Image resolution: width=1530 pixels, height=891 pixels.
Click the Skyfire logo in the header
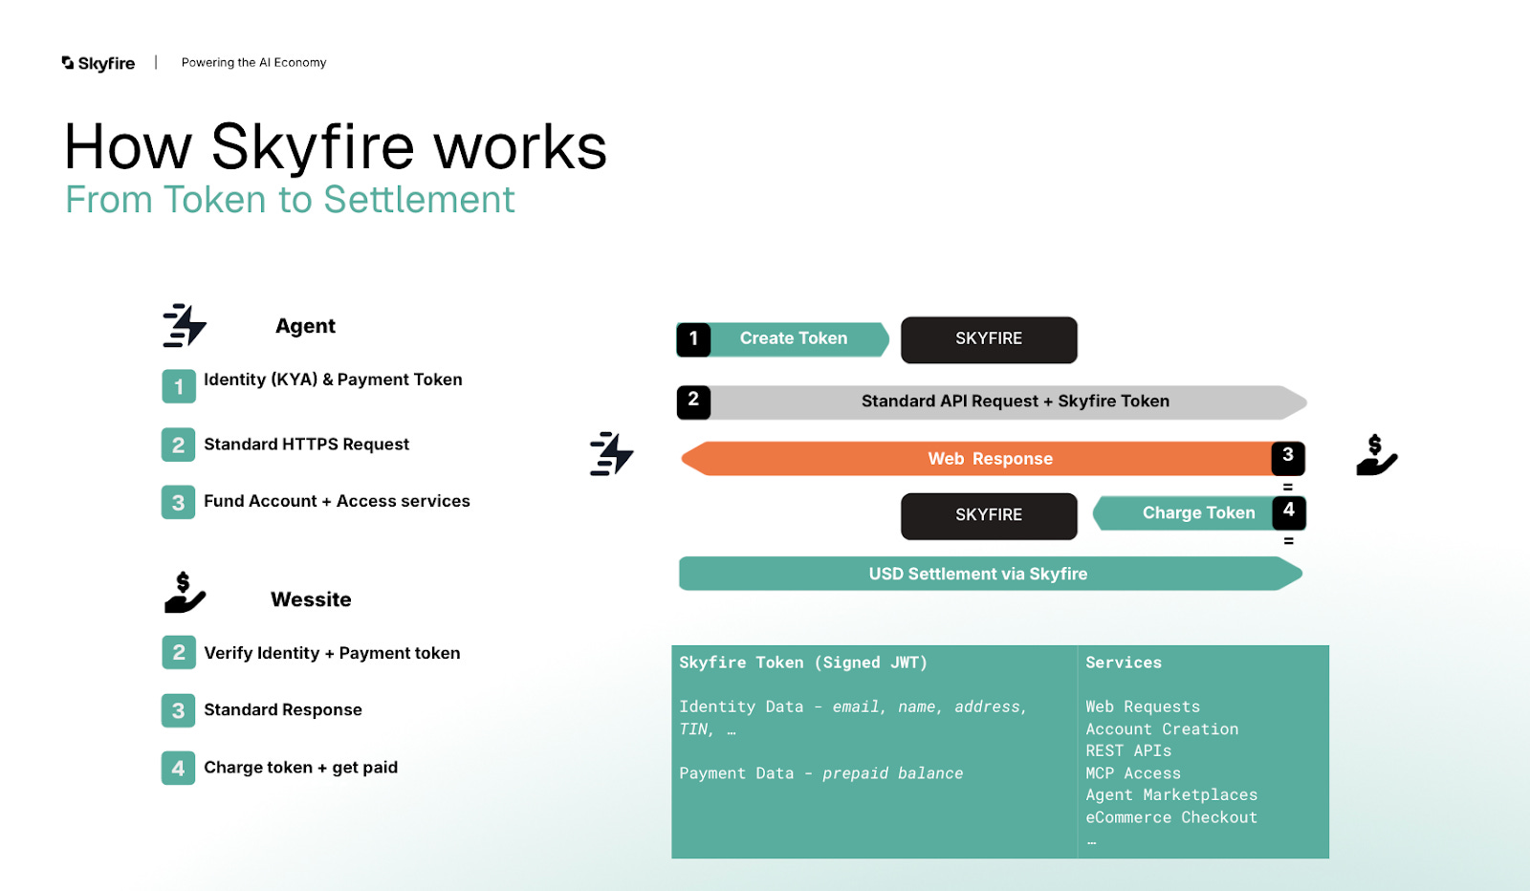point(98,63)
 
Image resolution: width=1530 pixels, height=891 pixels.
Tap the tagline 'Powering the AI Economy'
point(253,63)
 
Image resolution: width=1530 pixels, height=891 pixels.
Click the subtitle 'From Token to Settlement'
point(290,200)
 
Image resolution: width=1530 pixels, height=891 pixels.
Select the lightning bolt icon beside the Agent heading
point(184,325)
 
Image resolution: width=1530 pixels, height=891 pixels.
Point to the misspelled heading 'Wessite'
point(311,599)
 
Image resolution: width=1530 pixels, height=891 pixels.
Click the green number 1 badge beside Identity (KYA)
point(178,386)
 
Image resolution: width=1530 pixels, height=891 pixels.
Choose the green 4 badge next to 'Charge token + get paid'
point(178,768)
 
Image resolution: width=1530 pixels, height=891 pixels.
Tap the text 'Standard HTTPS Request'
point(306,445)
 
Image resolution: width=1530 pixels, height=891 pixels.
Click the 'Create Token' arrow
point(794,338)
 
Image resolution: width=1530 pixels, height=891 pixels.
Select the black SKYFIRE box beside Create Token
point(989,339)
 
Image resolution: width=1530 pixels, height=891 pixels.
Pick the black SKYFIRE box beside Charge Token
point(989,515)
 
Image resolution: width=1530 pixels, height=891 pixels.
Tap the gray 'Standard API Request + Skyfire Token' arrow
point(1014,402)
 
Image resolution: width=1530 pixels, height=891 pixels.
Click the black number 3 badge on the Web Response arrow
point(1288,456)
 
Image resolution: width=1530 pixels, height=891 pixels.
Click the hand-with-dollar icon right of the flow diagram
point(1376,455)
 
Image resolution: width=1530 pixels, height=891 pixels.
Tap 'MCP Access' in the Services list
point(1133,773)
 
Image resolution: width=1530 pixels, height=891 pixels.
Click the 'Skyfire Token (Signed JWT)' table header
point(803,663)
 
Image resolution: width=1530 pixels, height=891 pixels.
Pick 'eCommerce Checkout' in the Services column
point(1171,817)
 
